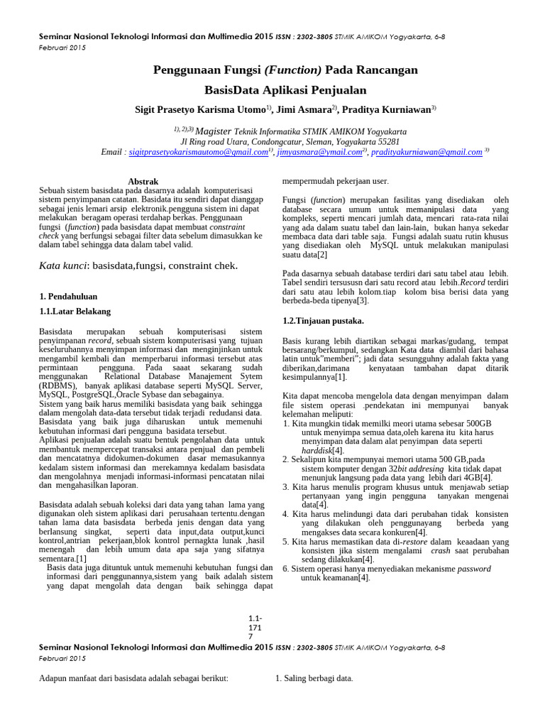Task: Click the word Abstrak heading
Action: pyautogui.click(x=142, y=182)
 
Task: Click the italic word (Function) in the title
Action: pyautogui.click(x=292, y=70)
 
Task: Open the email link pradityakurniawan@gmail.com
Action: pyautogui.click(x=426, y=152)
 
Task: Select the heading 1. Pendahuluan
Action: pyautogui.click(x=68, y=296)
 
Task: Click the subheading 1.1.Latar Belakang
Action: pyautogui.click(x=75, y=311)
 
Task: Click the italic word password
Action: pyautogui.click(x=473, y=569)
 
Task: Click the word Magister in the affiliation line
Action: pyautogui.click(x=213, y=131)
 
